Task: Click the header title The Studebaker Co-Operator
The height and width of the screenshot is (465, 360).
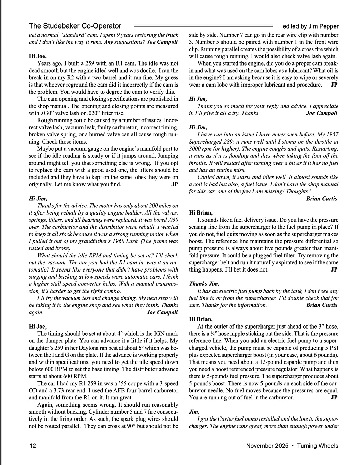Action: coord(75,26)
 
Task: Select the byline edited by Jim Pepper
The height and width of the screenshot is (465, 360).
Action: coord(310,26)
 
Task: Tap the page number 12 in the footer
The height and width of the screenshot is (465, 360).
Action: coord(33,446)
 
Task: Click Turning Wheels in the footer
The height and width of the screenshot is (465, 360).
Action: coord(318,446)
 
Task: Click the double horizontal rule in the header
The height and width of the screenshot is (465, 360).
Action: coord(204,26)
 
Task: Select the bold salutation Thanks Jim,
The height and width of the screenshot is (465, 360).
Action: coord(204,284)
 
